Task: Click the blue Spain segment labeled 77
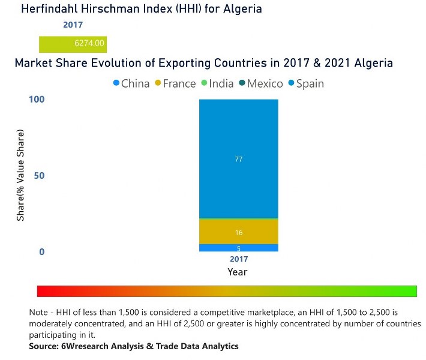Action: pyautogui.click(x=238, y=158)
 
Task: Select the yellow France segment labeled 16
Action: pyautogui.click(x=238, y=232)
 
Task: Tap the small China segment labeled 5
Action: pyautogui.click(x=238, y=248)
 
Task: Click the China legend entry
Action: pyautogui.click(x=131, y=83)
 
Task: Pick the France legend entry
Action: pyautogui.click(x=175, y=83)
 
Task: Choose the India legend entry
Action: pyautogui.click(x=217, y=83)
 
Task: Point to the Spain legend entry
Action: pyautogui.click(x=305, y=83)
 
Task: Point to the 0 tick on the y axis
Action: pyautogui.click(x=42, y=252)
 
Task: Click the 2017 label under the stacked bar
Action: pyautogui.click(x=238, y=259)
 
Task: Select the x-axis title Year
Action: pyautogui.click(x=238, y=272)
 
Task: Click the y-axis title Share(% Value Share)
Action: pyautogui.click(x=20, y=175)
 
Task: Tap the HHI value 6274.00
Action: pyautogui.click(x=89, y=43)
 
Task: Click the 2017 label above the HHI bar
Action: pyautogui.click(x=73, y=25)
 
